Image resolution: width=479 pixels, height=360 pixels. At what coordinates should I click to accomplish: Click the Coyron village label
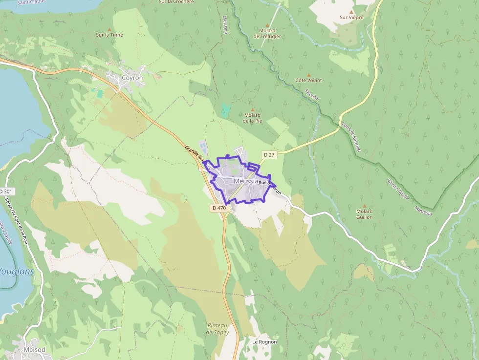pyautogui.click(x=132, y=78)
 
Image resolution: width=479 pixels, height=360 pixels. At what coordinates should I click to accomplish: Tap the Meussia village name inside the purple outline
pyautogui.click(x=246, y=181)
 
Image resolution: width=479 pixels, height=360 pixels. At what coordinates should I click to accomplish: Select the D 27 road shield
pyautogui.click(x=269, y=155)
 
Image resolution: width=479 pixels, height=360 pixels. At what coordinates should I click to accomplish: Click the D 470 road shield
pyautogui.click(x=219, y=208)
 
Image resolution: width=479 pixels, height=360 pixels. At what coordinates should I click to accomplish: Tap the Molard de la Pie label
pyautogui.click(x=253, y=118)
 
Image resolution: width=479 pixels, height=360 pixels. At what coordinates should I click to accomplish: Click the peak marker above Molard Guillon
pyautogui.click(x=364, y=206)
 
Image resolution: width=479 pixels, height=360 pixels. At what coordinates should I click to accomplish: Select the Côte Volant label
pyautogui.click(x=309, y=80)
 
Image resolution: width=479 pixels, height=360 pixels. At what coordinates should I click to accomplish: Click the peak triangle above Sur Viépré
pyautogui.click(x=351, y=11)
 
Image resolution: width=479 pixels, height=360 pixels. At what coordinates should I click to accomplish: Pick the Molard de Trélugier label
pyautogui.click(x=267, y=33)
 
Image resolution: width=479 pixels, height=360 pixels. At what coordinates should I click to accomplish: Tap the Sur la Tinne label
pyautogui.click(x=109, y=35)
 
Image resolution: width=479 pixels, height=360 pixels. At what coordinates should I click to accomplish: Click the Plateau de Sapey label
pyautogui.click(x=218, y=329)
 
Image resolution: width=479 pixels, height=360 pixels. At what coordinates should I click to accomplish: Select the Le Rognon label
pyautogui.click(x=264, y=342)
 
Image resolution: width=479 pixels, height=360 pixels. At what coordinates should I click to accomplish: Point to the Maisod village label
pyautogui.click(x=34, y=350)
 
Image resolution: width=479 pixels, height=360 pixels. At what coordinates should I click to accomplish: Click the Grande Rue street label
pyautogui.click(x=195, y=153)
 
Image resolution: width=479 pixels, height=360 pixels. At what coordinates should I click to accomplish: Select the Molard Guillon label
pyautogui.click(x=364, y=214)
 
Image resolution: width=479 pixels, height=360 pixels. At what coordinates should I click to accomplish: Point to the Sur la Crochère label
pyautogui.click(x=176, y=2)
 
